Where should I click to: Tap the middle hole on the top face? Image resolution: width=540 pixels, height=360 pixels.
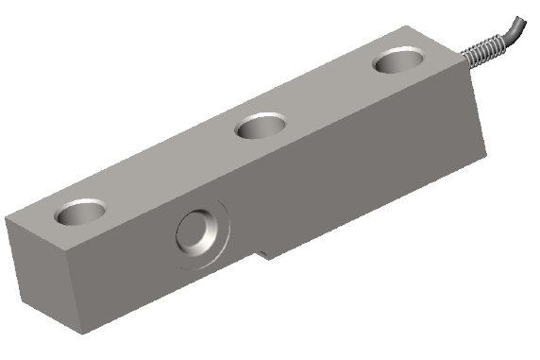(x=262, y=126)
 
